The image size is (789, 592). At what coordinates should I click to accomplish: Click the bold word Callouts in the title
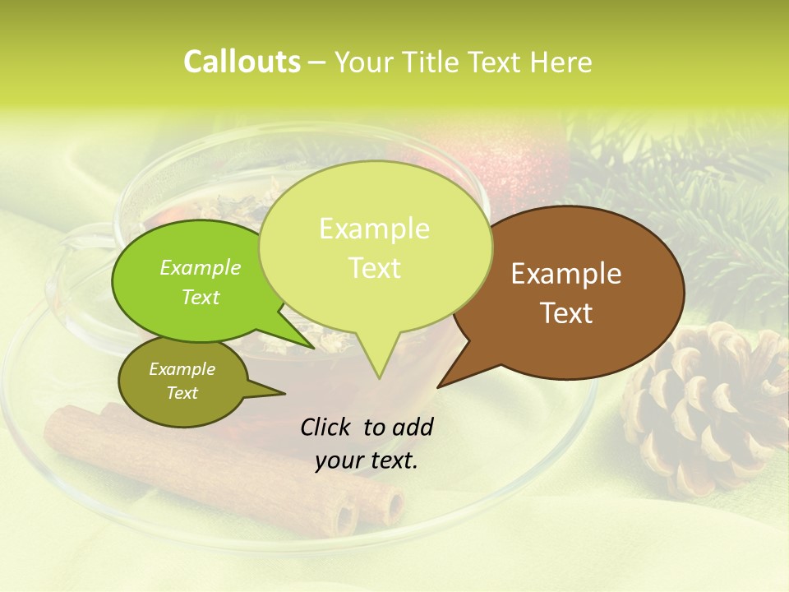point(242,62)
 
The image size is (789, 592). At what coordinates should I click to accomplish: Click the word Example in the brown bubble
point(566,274)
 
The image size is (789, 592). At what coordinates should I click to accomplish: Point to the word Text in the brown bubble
point(567,313)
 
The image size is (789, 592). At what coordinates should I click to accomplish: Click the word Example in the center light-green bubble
point(374,229)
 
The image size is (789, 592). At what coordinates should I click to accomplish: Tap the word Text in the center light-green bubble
point(375,268)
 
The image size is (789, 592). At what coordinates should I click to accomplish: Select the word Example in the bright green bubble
point(201,267)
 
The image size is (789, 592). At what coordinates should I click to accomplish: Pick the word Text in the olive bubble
point(182,393)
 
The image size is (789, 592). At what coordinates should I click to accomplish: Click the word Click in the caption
point(327,427)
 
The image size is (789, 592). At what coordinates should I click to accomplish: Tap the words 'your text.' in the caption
point(367,461)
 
